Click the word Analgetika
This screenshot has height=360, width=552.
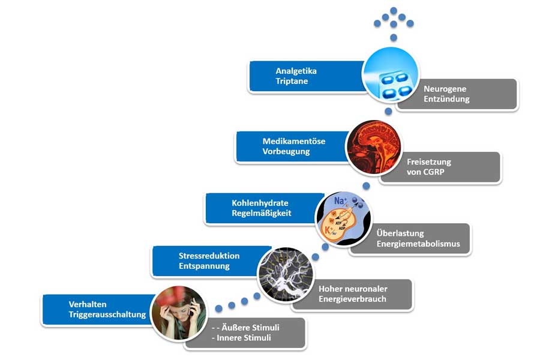pyautogui.click(x=296, y=71)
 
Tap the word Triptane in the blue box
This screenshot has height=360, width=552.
pyautogui.click(x=292, y=81)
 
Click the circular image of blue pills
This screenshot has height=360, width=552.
pyautogui.click(x=390, y=76)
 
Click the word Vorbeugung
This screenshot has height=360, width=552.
pyautogui.click(x=286, y=151)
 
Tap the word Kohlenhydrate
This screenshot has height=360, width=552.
pyautogui.click(x=260, y=203)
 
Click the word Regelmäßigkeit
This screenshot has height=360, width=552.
pyautogui.click(x=262, y=213)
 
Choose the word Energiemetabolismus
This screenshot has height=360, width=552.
pyautogui.click(x=418, y=244)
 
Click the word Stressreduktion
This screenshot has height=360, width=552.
pyautogui.click(x=209, y=256)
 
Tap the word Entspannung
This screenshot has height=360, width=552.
pyautogui.click(x=204, y=266)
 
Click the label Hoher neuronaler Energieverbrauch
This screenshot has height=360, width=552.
pyautogui.click(x=353, y=294)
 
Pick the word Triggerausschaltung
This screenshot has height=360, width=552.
pyautogui.click(x=107, y=314)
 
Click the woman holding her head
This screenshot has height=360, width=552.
pyautogui.click(x=178, y=312)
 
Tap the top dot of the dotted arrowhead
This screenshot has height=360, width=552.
pyautogui.click(x=394, y=10)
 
